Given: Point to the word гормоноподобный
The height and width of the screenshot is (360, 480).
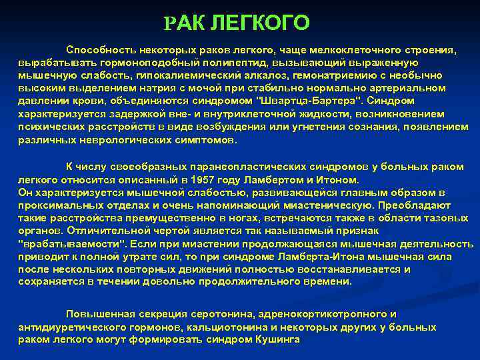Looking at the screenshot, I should (126, 63).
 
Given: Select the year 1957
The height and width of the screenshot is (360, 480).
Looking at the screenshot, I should (203, 180).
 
